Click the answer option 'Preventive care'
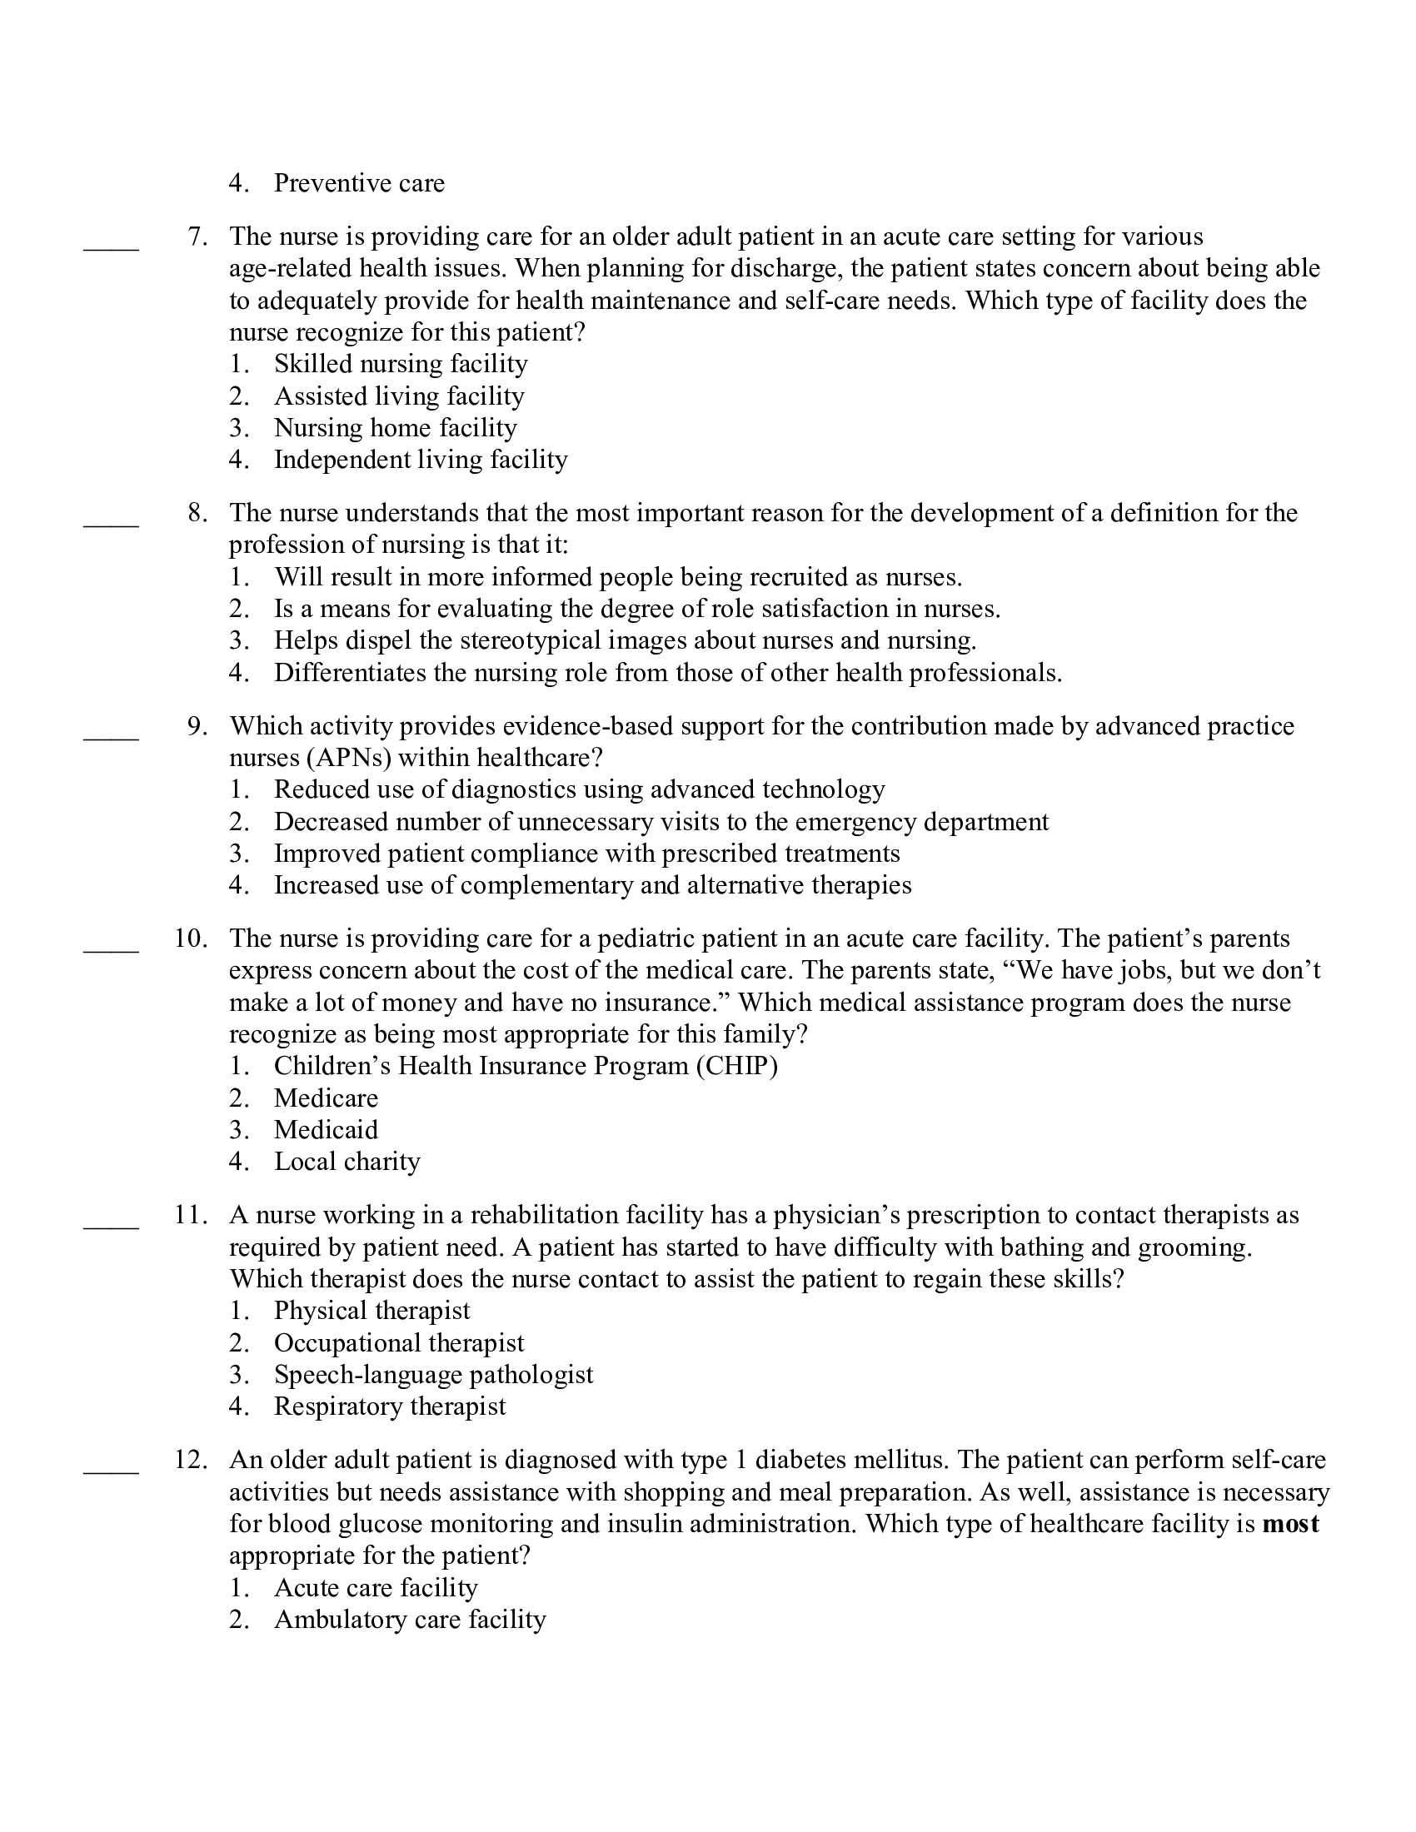359,183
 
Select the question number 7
197,236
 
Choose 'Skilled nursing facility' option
400,364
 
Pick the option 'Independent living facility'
421,460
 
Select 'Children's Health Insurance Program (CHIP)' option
525,1066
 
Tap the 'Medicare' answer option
326,1098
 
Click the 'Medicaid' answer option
326,1130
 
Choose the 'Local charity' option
347,1162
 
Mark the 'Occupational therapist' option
398,1343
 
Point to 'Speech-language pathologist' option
433,1375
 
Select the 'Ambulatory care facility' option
409,1620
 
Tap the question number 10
192,938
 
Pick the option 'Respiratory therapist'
389,1406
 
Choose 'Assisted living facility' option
398,396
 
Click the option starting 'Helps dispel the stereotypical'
625,641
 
